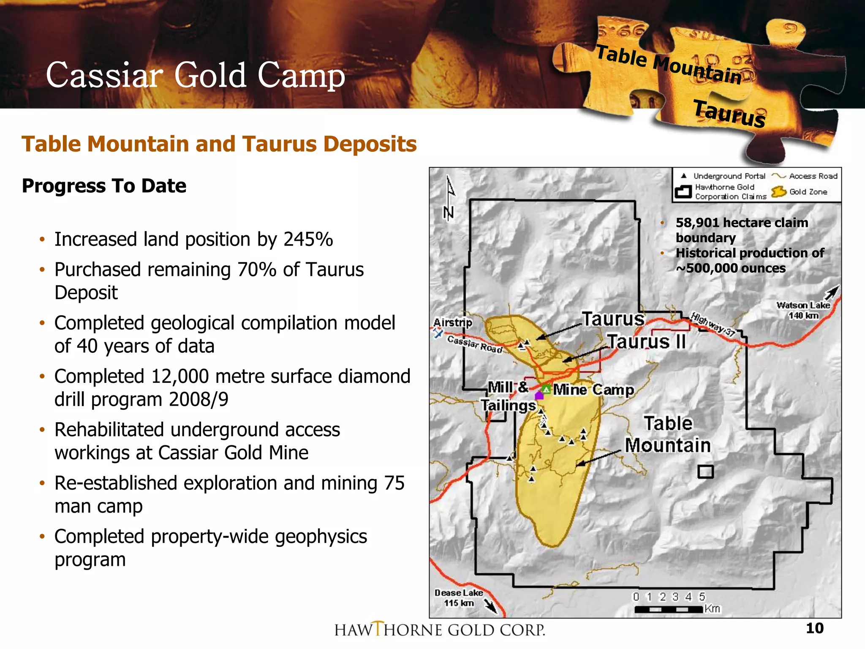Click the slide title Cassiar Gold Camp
coord(195,75)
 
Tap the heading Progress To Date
coord(104,186)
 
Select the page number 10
coord(814,628)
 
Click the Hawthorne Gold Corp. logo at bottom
coord(440,630)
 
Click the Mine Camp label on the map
coord(593,390)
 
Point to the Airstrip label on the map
coord(452,323)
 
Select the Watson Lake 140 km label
coord(803,310)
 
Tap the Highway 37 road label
coord(713,324)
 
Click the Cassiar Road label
coord(475,344)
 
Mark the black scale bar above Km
coord(669,609)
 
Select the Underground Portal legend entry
coord(723,176)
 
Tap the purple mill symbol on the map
coord(539,395)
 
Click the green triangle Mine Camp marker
coord(547,389)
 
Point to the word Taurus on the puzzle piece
coord(729,114)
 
